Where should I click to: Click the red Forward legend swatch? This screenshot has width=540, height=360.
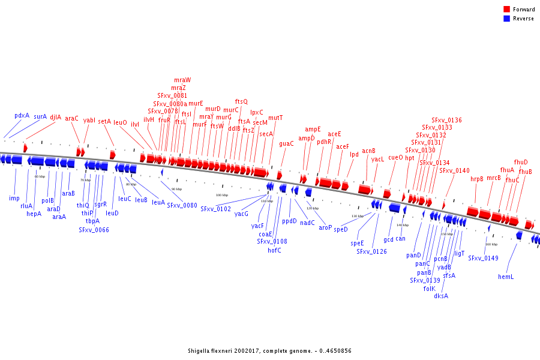pos(506,9)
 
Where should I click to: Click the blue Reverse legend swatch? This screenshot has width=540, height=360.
pos(506,19)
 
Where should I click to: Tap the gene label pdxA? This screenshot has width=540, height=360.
pos(22,115)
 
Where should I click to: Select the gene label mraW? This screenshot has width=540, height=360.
pos(182,80)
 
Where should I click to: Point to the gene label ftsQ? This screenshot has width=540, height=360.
pos(241,101)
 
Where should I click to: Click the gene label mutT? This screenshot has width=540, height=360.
pos(275,118)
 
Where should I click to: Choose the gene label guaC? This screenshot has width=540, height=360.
pos(286,143)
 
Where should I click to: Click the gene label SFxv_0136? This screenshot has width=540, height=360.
pos(446,120)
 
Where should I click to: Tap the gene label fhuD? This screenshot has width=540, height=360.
pos(521,162)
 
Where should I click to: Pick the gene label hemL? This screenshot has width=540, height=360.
pos(506,277)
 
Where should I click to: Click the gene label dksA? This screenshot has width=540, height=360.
pos(441,295)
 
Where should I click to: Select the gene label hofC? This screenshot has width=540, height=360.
pos(274,250)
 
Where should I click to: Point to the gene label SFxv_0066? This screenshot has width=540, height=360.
pos(94,229)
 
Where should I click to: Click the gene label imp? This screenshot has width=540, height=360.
pos(14,198)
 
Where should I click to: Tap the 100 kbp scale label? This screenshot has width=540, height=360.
pos(222,195)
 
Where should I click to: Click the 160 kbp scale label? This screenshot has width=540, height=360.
pos(491,244)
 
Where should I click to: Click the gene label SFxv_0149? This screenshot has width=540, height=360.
pos(483,258)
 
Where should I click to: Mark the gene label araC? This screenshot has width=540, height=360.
pos(72,119)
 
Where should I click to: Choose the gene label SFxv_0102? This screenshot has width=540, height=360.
pos(215,209)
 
